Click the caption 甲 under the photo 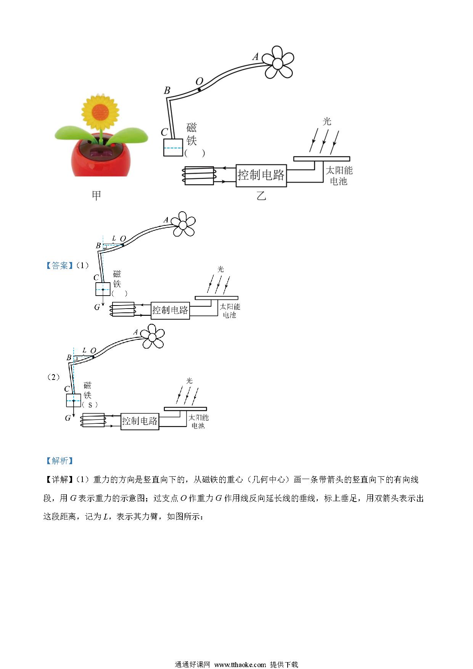pyautogui.click(x=97, y=196)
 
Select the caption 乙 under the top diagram pyautogui.click(x=261, y=196)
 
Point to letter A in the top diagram pyautogui.click(x=256, y=57)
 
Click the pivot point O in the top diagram pyautogui.click(x=199, y=90)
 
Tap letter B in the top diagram pyautogui.click(x=167, y=90)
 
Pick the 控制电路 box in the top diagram pyautogui.click(x=261, y=175)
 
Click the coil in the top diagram pyautogui.click(x=199, y=176)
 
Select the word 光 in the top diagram pyautogui.click(x=327, y=121)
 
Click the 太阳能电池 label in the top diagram pyautogui.click(x=339, y=175)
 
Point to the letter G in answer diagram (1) pyautogui.click(x=97, y=307)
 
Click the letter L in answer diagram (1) pyautogui.click(x=114, y=238)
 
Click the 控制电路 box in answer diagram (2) pyautogui.click(x=140, y=421)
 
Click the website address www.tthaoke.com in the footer pyautogui.click(x=240, y=664)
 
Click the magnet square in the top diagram pyautogui.click(x=173, y=147)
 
